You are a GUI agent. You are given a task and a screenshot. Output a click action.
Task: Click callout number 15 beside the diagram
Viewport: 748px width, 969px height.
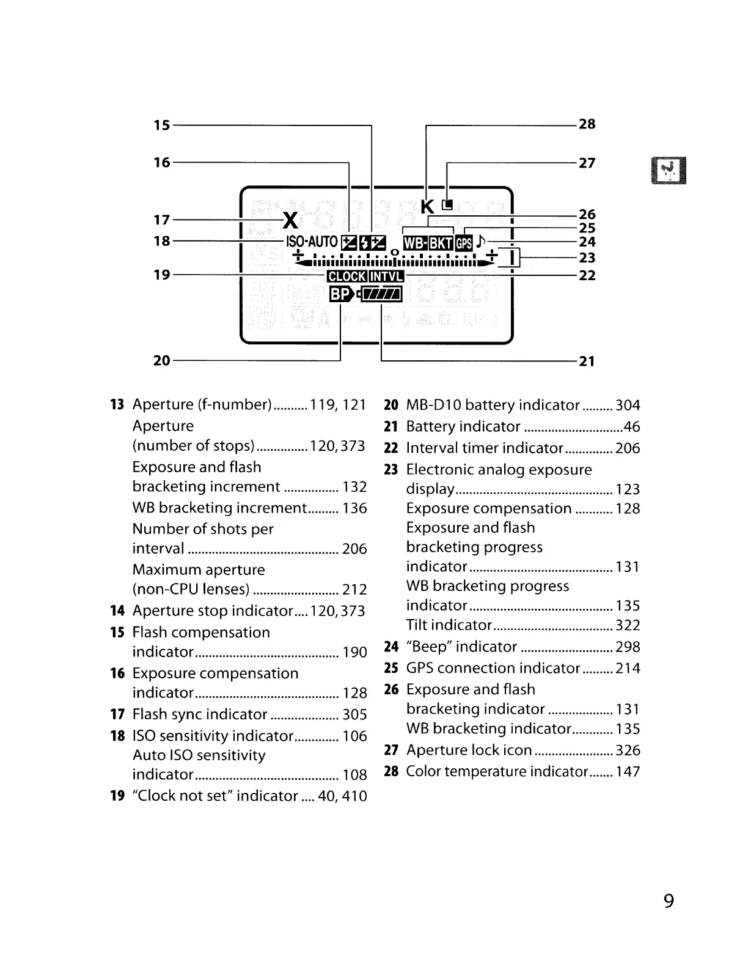point(161,125)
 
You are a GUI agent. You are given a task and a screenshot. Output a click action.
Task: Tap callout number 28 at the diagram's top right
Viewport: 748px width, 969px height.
point(587,124)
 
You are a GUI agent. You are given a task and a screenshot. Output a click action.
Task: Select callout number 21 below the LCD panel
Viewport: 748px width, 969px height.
point(587,361)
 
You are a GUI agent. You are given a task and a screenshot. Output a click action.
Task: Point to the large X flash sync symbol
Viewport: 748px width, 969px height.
point(291,220)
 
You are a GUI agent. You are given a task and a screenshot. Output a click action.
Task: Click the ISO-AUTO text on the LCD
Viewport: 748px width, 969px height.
point(311,242)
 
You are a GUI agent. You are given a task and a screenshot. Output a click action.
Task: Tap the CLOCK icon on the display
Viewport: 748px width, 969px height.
point(346,277)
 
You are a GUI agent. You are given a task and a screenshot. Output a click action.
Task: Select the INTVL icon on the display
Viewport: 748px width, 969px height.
point(386,277)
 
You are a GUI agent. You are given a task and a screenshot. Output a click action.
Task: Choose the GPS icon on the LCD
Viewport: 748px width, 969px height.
point(464,243)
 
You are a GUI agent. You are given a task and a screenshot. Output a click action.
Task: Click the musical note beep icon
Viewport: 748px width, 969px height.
point(480,242)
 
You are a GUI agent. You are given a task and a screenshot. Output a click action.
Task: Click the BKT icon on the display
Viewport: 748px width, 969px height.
point(441,243)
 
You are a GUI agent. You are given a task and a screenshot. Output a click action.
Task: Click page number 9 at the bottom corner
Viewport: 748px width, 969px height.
point(669,900)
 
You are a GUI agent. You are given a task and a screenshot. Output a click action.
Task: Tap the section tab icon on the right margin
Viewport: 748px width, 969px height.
point(669,171)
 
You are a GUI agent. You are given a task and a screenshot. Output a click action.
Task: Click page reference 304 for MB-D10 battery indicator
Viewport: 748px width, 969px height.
point(628,405)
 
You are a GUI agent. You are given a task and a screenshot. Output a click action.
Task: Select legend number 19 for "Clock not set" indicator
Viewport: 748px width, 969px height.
point(117,796)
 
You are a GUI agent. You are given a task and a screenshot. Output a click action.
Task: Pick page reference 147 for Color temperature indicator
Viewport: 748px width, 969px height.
point(628,771)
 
